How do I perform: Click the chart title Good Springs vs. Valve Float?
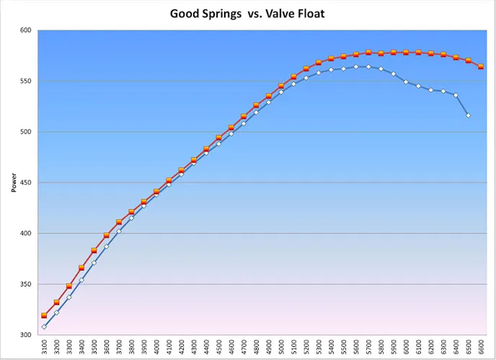[x=247, y=14]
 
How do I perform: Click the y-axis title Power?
[x=14, y=183]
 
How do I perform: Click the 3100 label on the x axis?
[x=44, y=348]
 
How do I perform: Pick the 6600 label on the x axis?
[x=481, y=348]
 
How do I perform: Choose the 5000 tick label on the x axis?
[x=281, y=348]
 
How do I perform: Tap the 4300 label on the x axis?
[x=194, y=348]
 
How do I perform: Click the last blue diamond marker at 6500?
[x=469, y=115]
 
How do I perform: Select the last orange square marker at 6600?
[x=481, y=66]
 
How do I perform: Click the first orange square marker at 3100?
[x=44, y=315]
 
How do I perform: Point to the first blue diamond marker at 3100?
[x=44, y=327]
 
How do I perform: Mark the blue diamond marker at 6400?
[x=456, y=95]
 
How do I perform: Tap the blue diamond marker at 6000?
[x=406, y=82]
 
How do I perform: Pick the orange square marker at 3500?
[x=94, y=250]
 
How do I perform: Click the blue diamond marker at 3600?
[x=107, y=246]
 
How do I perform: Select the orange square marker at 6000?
[x=406, y=53]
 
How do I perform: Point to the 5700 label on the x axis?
[x=368, y=348]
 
